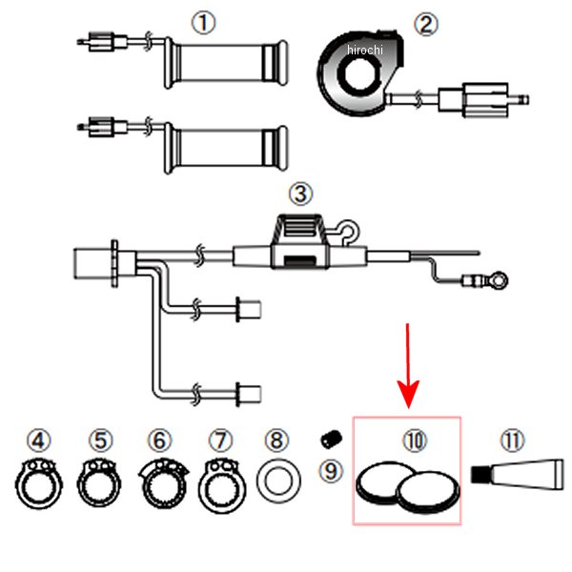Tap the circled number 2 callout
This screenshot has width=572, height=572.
(x=425, y=23)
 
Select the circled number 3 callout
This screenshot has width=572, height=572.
(x=300, y=194)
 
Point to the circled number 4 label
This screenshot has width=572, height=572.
(x=38, y=440)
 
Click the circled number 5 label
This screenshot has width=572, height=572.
(x=101, y=440)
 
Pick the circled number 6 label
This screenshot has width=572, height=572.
(x=159, y=440)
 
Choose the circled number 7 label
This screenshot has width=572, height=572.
(x=220, y=440)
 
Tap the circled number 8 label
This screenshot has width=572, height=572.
(x=276, y=440)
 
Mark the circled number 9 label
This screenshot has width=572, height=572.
(x=329, y=471)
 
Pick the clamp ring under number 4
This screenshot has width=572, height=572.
(x=39, y=483)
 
